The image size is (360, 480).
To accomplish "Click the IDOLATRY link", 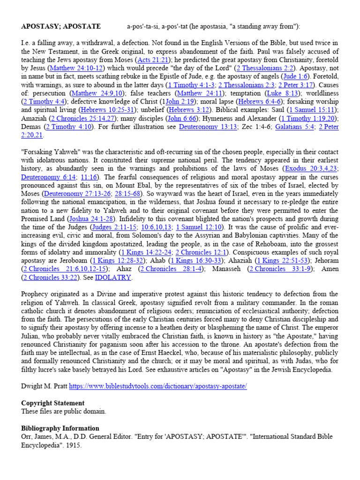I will pyautogui.click(x=113, y=277).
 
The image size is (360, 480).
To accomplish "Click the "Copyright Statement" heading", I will pyautogui.click(x=52, y=403).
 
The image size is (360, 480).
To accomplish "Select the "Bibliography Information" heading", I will pyautogui.click(x=60, y=428).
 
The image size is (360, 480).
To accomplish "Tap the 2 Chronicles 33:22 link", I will pyautogui.click(x=49, y=277).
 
